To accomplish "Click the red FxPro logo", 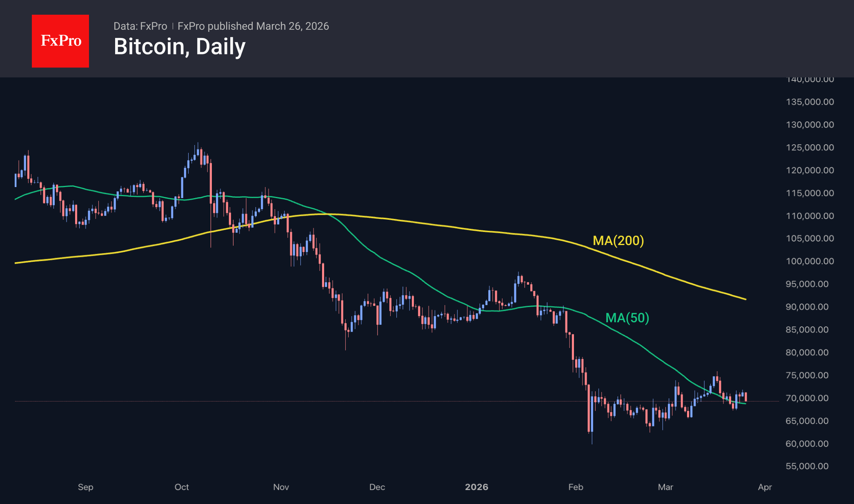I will (60, 41).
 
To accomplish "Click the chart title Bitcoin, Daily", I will (180, 47).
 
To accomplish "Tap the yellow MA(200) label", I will (618, 241).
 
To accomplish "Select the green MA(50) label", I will (627, 318).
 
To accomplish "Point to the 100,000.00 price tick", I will (810, 261).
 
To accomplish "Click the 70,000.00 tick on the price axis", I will (807, 398).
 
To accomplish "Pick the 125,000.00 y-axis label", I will (810, 147).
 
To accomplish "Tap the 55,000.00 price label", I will (807, 466).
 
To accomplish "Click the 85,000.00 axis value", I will (807, 330).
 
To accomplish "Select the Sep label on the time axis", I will (86, 487).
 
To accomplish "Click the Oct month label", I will (182, 487).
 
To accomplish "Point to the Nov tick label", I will (281, 487).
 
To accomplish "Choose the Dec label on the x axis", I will (377, 487).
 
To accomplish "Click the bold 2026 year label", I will (476, 487).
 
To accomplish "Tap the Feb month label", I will (576, 487).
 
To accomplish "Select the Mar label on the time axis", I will (665, 487).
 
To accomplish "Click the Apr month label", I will (765, 487).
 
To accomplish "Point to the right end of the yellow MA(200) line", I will (745, 299).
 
